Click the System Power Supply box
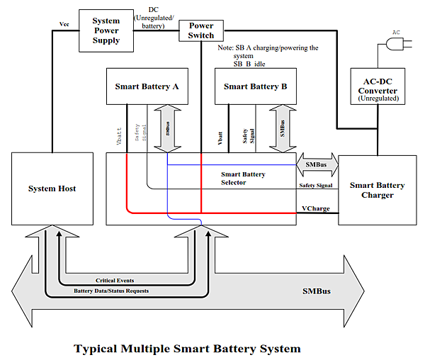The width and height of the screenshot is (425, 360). pos(106,30)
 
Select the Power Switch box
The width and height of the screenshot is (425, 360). pos(200,30)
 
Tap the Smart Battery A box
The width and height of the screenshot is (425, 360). pos(146,86)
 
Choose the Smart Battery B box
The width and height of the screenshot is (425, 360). pos(255,86)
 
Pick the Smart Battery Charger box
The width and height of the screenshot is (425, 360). pos(377,189)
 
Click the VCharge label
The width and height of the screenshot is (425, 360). pos(316,208)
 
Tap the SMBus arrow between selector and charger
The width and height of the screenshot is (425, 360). pos(317,164)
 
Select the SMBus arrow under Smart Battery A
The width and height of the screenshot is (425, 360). pos(168,128)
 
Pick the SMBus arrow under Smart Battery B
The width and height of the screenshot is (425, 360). pos(282,128)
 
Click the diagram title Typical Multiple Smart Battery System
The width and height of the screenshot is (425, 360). pos(187,348)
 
